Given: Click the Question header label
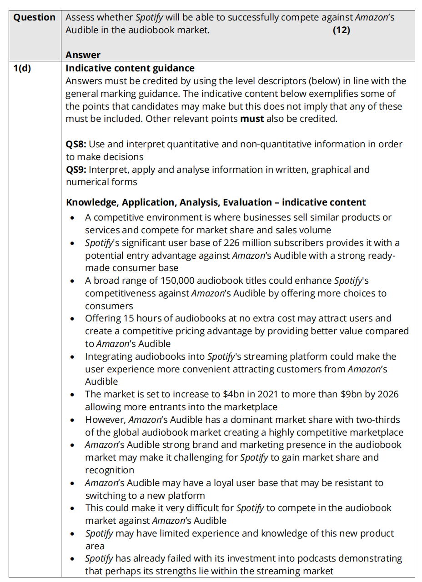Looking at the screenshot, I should point(34,18).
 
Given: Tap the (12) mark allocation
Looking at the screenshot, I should point(342,30).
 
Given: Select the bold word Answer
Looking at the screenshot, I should point(83,55).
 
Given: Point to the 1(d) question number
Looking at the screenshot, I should point(23,69).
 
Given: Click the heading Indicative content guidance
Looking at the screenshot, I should point(130,69).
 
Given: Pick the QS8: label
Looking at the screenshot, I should point(76,145).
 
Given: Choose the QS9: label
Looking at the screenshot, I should point(76,170).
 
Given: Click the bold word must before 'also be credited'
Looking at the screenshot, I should point(252,119).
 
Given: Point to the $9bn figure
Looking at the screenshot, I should point(351,394).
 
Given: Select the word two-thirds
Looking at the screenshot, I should point(378,420).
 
